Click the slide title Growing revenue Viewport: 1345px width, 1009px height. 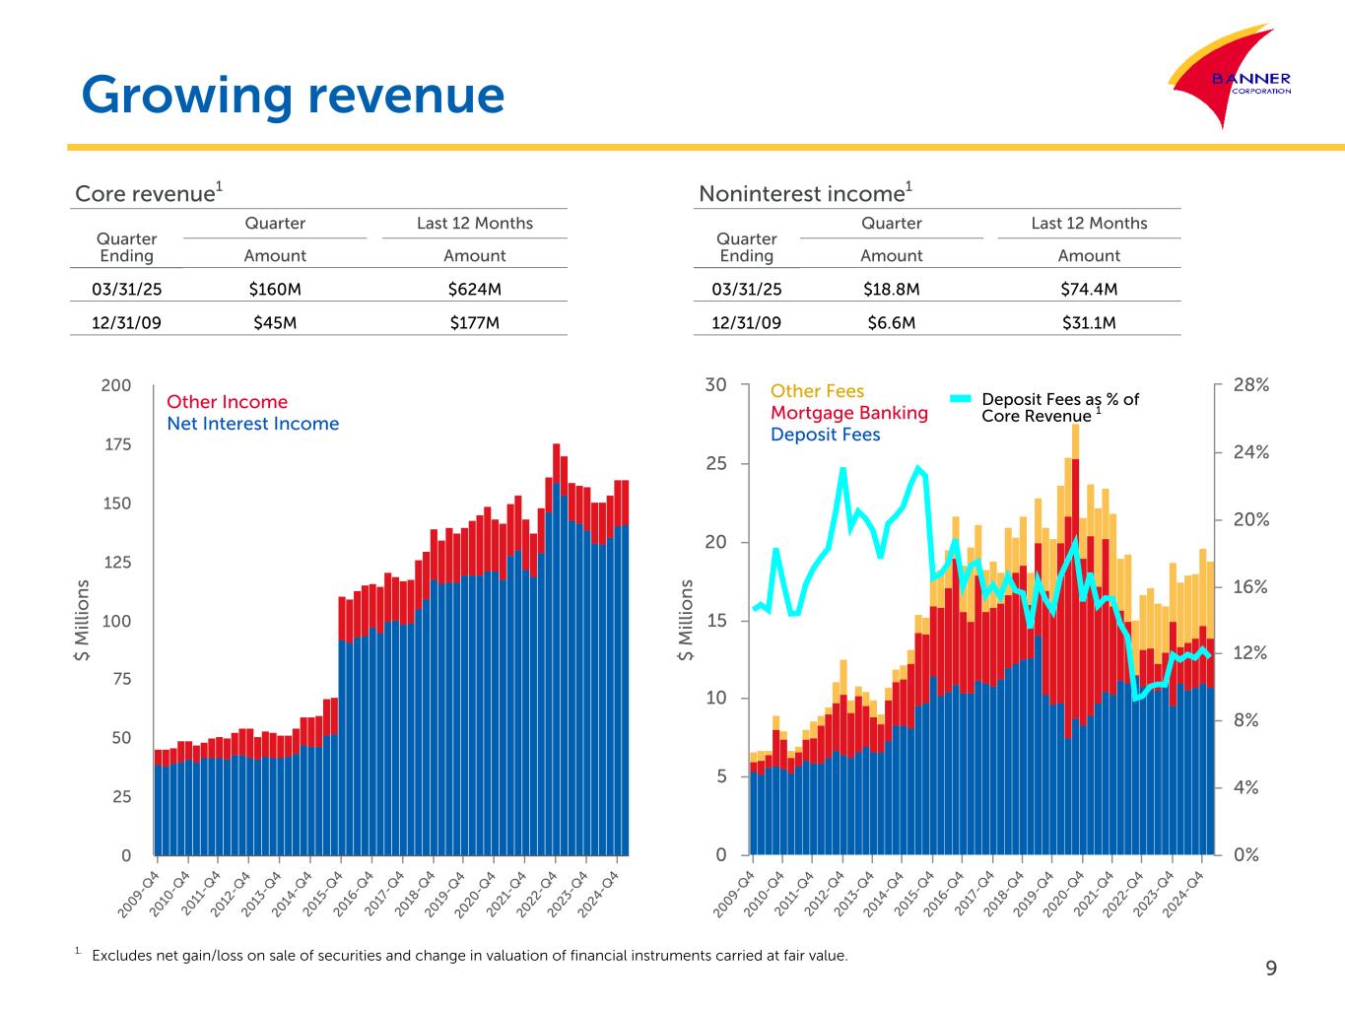pos(293,96)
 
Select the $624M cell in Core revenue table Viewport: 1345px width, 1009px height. pos(474,290)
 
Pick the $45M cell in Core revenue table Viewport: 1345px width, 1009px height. pos(275,322)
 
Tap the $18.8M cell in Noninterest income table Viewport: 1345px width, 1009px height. pos(891,290)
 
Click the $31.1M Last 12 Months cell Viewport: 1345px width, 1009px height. pos(1089,322)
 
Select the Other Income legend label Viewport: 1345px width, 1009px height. pos(227,402)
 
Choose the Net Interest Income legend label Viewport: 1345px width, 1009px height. pos(252,424)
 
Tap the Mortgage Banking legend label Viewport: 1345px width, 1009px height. pos(848,413)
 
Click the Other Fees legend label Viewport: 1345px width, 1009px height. pos(817,391)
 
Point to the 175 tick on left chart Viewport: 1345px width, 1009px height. pos(118,445)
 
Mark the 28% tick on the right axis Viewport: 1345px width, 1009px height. pos(1250,385)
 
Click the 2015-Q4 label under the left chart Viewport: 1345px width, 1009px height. pos(325,893)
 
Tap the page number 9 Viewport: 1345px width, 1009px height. pos(1271,969)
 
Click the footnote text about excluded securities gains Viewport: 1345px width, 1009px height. pos(468,956)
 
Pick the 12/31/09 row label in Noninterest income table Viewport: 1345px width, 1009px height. pos(746,322)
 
